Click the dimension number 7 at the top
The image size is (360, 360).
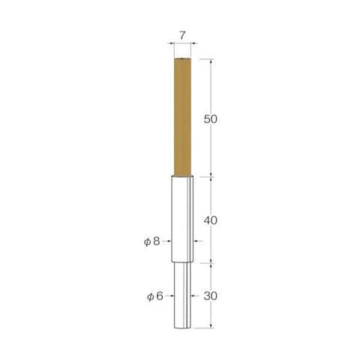182,36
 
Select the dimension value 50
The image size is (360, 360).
211,119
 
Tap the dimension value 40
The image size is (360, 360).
211,220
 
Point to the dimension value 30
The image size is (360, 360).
211,296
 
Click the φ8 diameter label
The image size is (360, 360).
151,241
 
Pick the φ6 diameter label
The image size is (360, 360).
155,296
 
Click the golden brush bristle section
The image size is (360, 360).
182,117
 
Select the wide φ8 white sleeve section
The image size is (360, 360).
182,219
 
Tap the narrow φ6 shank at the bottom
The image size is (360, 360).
182,295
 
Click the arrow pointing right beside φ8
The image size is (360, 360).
166,241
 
